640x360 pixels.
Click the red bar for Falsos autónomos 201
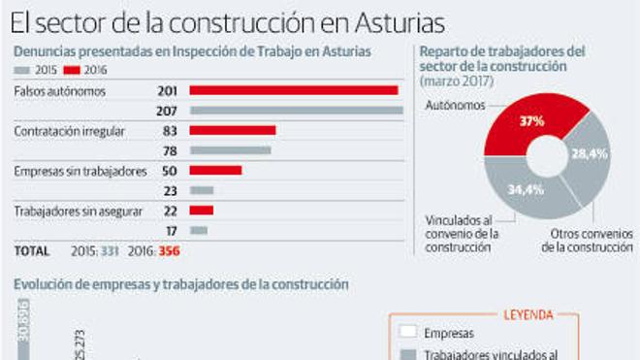click(294, 90)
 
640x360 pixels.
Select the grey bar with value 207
click(297, 111)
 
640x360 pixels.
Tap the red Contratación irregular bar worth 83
click(233, 130)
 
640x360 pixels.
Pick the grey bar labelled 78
click(231, 150)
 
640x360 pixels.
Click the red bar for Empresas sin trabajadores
click(215, 170)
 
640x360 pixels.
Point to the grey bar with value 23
click(202, 190)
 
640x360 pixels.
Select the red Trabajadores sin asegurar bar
click(202, 210)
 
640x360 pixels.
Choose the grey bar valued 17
click(199, 230)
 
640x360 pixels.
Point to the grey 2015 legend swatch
click(23, 70)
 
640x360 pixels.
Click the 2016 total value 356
click(169, 251)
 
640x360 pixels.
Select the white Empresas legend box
click(407, 333)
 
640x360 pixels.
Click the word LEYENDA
click(528, 314)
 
